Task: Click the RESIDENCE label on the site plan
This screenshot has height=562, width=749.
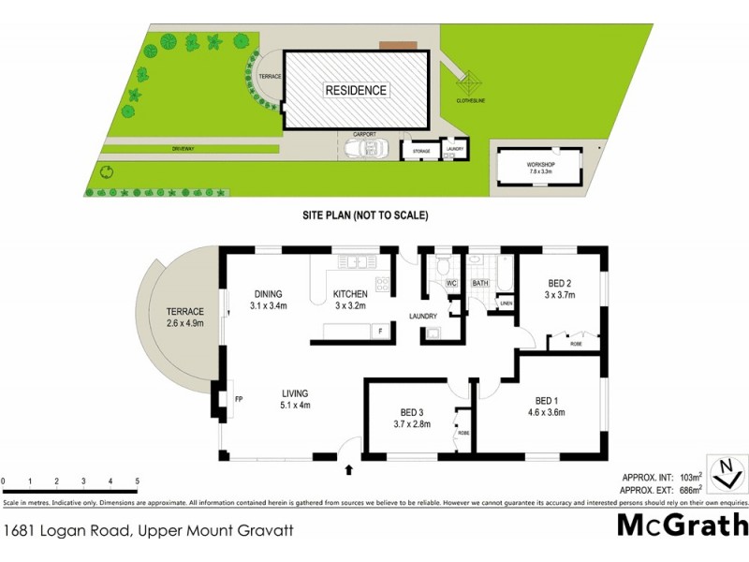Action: (356, 91)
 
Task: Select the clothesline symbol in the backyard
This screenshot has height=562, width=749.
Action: (469, 81)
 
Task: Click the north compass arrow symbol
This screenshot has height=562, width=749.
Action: (723, 475)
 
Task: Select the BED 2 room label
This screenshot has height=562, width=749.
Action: (559, 288)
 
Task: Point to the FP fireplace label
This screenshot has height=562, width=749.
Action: (239, 398)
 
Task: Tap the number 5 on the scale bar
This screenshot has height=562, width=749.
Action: (138, 481)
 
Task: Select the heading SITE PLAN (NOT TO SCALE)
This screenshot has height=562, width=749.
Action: (365, 215)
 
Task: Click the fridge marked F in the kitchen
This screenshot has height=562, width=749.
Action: (379, 330)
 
